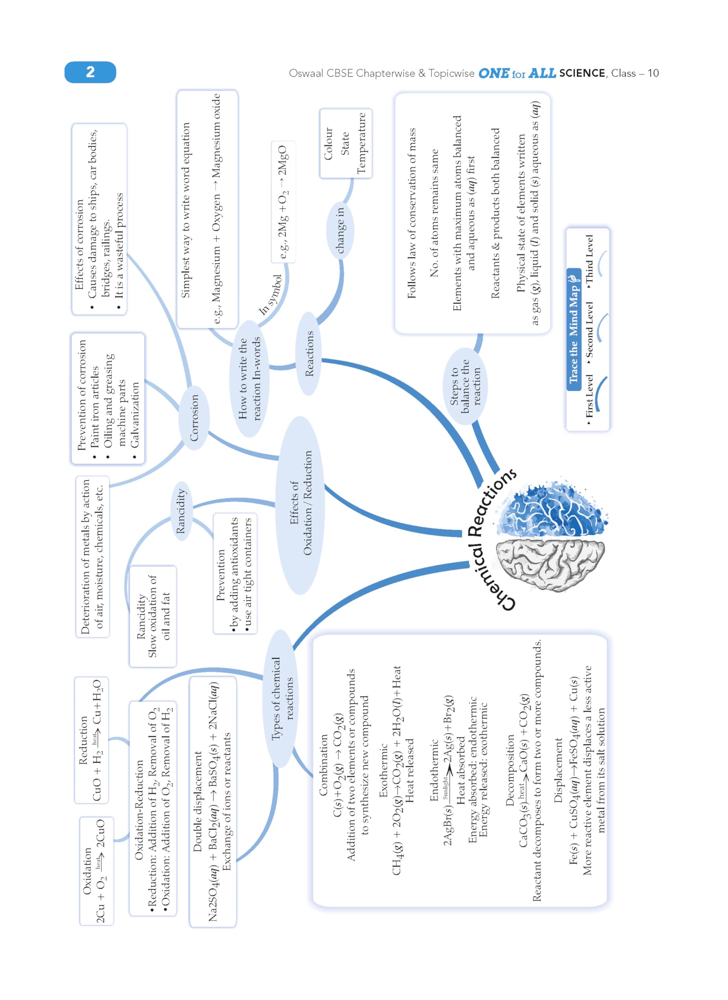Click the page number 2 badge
coord(90,72)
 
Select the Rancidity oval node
coord(181,511)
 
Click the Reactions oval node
coord(309,354)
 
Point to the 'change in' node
coord(340,230)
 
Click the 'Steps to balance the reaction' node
coord(464,386)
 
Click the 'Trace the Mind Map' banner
coord(573,329)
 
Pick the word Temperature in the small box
coord(361,143)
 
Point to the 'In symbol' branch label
coord(270,295)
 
